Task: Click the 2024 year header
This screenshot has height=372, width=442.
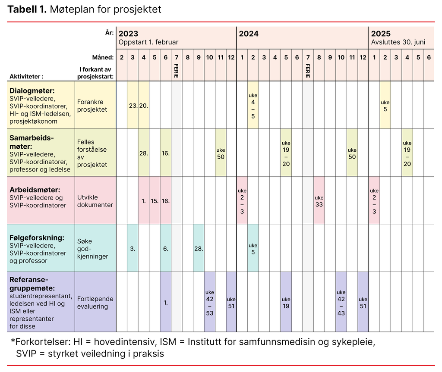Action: point(249,34)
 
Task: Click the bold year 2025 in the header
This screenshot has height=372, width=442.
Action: point(381,34)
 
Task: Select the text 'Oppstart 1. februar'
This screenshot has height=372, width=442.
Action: point(148,42)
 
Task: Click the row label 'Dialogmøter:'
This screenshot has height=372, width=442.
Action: point(32,91)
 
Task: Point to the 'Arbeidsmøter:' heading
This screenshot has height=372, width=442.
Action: point(34,190)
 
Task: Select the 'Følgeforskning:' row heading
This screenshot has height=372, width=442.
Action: point(37,238)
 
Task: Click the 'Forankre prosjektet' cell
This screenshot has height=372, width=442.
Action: point(92,106)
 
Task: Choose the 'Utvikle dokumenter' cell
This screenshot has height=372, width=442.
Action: point(95,201)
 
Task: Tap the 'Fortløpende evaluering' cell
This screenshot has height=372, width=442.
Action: point(95,303)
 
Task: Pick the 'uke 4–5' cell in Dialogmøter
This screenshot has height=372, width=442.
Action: point(253,106)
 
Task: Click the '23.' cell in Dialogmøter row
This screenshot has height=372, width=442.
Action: point(133,106)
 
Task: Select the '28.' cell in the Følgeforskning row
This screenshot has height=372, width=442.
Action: point(199,249)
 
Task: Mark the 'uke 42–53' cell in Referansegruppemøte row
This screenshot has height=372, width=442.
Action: point(209,303)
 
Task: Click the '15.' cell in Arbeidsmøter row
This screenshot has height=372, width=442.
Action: point(155,201)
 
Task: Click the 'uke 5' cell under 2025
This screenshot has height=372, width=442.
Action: point(385,106)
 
